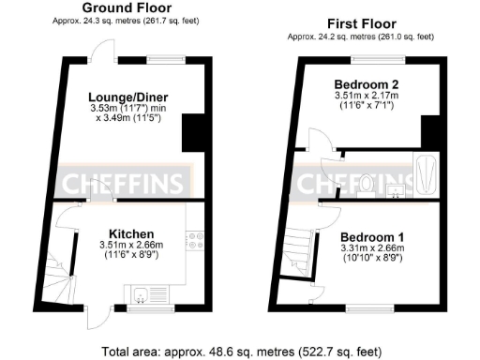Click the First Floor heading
click(360, 23)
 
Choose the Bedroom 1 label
click(372, 236)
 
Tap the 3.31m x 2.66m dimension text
click(372, 248)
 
